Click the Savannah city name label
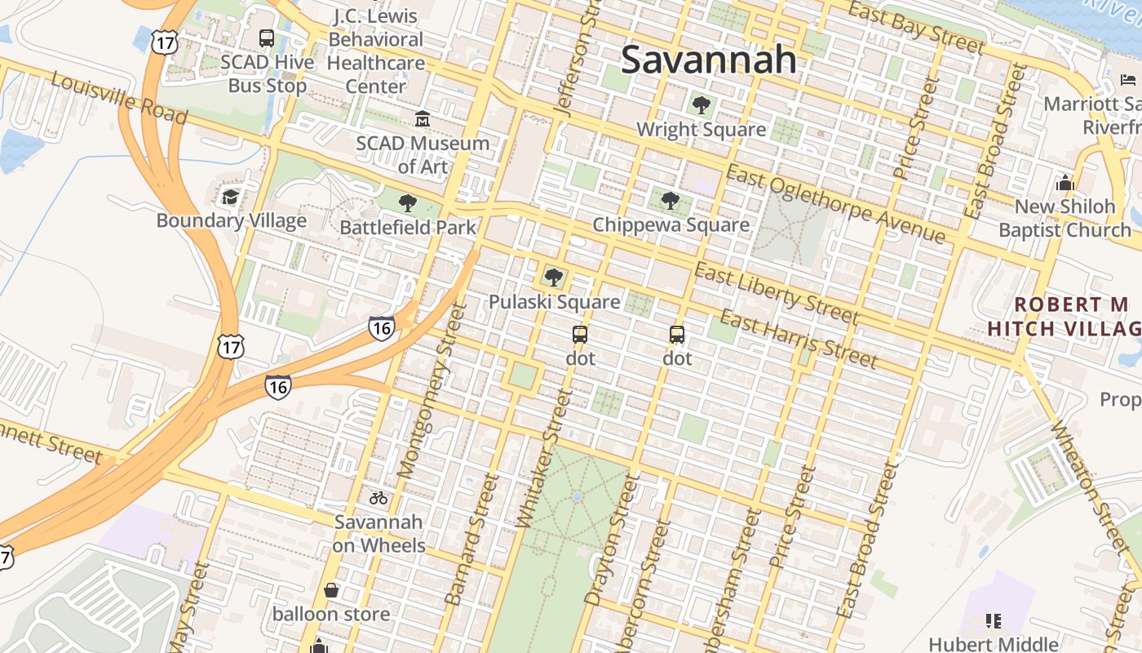[x=708, y=60]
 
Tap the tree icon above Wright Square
[x=701, y=105]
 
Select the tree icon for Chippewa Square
[x=671, y=200]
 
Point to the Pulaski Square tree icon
[x=554, y=278]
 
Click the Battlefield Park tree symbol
[x=408, y=203]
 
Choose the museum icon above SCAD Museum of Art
[x=423, y=119]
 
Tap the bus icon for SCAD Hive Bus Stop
[x=267, y=38]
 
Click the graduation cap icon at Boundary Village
[x=231, y=197]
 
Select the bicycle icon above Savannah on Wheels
[x=378, y=497]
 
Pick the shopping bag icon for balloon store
[x=331, y=590]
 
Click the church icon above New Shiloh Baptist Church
[x=1065, y=183]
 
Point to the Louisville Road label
[x=119, y=98]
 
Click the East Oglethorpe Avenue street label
[x=836, y=204]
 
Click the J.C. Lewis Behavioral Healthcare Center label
[x=376, y=51]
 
